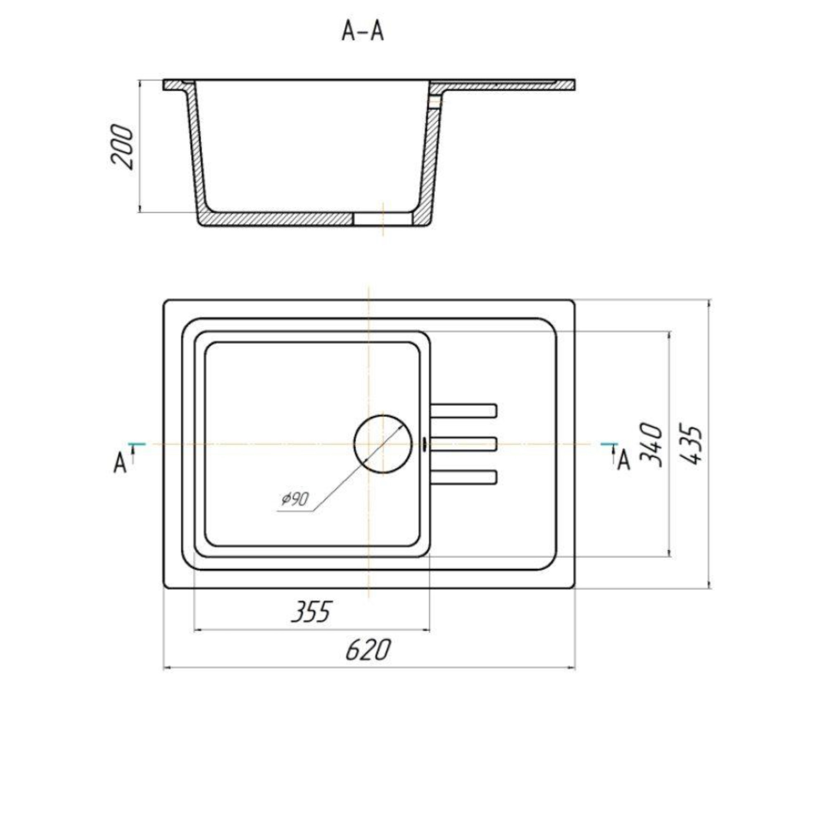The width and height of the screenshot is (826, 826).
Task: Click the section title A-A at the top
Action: (363, 32)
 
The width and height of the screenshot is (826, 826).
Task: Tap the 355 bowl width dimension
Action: (311, 612)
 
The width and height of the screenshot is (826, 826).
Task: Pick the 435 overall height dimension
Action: (690, 444)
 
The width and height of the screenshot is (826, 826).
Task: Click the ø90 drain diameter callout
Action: (295, 498)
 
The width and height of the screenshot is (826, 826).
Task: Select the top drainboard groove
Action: (463, 411)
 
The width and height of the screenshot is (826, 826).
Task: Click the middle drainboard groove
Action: (463, 444)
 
